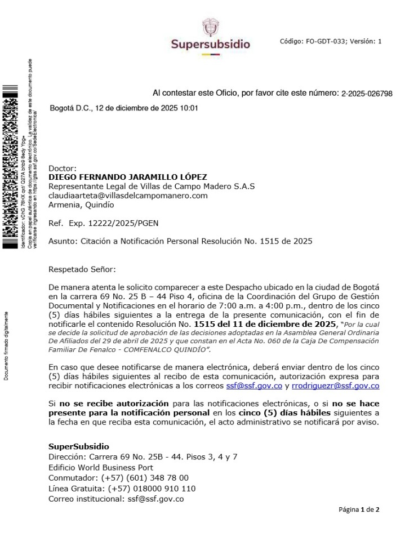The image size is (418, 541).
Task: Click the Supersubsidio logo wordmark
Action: (210, 44)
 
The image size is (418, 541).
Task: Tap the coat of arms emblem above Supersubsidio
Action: (210, 26)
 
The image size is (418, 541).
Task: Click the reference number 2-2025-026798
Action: (367, 94)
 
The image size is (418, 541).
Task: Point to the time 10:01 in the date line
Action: (188, 108)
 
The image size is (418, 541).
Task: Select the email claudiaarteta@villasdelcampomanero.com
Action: (128, 196)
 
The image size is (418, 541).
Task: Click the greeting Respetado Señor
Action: (82, 270)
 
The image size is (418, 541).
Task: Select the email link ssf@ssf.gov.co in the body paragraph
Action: (254, 386)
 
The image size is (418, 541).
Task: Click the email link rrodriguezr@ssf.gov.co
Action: (335, 386)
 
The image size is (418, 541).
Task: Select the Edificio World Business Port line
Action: (101, 468)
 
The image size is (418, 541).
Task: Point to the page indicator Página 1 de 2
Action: (359, 510)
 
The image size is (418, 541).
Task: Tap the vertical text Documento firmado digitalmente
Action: (7, 345)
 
